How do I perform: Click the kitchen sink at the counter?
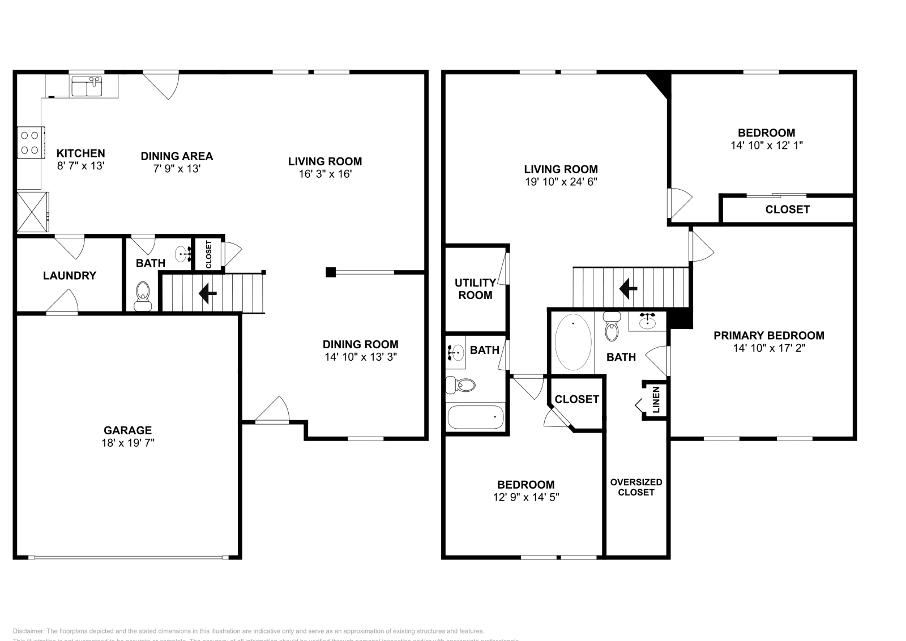pos(87,87)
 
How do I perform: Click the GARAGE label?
pos(127,430)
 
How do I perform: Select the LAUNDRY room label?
pos(70,276)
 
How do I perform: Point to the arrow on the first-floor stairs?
pos(208,293)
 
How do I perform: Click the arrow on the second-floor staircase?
pos(628,289)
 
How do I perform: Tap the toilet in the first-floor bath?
pos(143,296)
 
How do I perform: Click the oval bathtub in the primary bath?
pos(573,343)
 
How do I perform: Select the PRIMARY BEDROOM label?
pos(768,335)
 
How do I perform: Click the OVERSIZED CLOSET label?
pos(636,487)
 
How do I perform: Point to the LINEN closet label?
pos(656,400)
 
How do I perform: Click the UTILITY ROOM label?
pos(475,289)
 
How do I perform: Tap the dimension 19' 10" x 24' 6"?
pos(561,182)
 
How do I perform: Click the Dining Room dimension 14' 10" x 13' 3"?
pos(360,357)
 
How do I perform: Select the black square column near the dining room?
pos(331,272)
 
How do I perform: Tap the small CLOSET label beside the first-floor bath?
pos(209,254)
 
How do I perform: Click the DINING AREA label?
pos(177,156)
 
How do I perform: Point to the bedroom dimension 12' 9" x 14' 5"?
pos(525,497)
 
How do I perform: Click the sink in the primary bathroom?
pos(647,321)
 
